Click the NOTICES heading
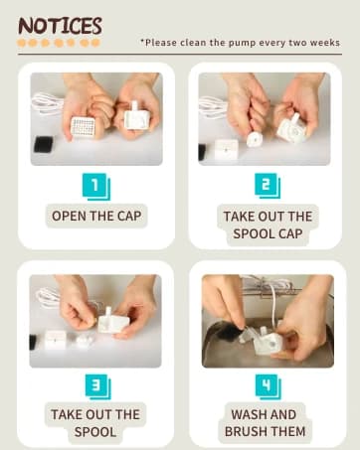[60, 26]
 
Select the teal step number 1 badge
[96, 187]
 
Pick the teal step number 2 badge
[268, 186]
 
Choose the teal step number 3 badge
[97, 386]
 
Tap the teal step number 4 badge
[268, 386]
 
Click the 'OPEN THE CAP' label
[96, 216]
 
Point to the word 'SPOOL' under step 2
[254, 233]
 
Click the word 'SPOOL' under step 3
[95, 432]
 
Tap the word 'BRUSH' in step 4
[247, 431]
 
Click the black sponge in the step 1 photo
[43, 145]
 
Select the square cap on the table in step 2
[226, 150]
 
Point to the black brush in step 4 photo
[228, 333]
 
